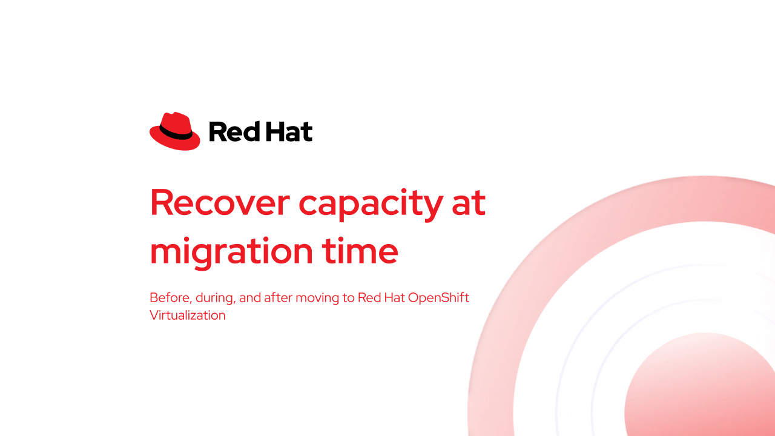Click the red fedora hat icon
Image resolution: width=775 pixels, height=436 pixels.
(175, 131)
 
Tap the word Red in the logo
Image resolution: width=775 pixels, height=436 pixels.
(234, 131)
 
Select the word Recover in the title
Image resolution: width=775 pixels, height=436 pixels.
(220, 203)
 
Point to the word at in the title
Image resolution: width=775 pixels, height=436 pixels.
(469, 203)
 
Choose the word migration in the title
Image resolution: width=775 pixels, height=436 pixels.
(231, 253)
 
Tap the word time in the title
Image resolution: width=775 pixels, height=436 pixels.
(360, 251)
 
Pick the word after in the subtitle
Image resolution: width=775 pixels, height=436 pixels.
(278, 297)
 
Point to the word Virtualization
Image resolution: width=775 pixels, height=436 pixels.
(188, 315)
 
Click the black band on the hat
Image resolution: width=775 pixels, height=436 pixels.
(176, 133)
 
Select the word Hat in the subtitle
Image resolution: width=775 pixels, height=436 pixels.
(394, 297)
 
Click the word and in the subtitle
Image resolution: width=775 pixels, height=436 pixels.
(250, 297)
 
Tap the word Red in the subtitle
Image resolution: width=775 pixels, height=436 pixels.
(369, 297)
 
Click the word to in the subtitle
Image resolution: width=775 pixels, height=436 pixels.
(348, 298)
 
